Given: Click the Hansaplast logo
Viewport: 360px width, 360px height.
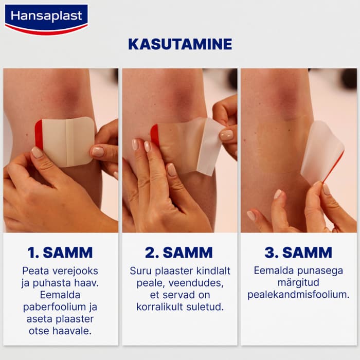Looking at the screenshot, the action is tap(46, 20).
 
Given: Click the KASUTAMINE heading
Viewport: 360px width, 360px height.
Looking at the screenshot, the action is tap(180, 44).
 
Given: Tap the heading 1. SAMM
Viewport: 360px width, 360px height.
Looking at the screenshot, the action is tap(60, 253).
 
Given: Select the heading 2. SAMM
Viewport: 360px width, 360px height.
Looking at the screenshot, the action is tap(179, 253).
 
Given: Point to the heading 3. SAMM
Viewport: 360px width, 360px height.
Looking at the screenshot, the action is tap(298, 253).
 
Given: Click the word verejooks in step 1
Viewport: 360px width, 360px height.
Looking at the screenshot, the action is tap(75, 271).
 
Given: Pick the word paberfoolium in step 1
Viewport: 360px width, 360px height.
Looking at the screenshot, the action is tap(55, 307).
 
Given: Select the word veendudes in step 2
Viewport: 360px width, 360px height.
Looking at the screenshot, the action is tap(196, 283).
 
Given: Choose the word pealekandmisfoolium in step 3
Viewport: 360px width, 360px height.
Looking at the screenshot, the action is tap(298, 295).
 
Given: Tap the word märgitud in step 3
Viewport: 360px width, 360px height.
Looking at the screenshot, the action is tap(298, 283).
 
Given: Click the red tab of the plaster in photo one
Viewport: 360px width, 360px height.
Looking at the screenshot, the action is tap(39, 133).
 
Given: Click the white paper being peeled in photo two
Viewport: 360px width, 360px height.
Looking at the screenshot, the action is tap(209, 146).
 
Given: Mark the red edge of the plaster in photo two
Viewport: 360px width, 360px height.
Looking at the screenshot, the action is tap(155, 134).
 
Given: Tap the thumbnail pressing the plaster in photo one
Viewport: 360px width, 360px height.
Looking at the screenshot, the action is tap(37, 152).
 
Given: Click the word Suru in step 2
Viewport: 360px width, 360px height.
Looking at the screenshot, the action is tap(141, 271).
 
